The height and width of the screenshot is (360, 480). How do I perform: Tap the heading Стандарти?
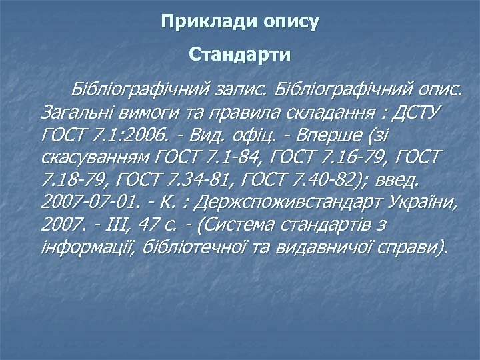point(240,53)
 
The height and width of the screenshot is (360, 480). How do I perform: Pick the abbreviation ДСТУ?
point(421,112)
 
